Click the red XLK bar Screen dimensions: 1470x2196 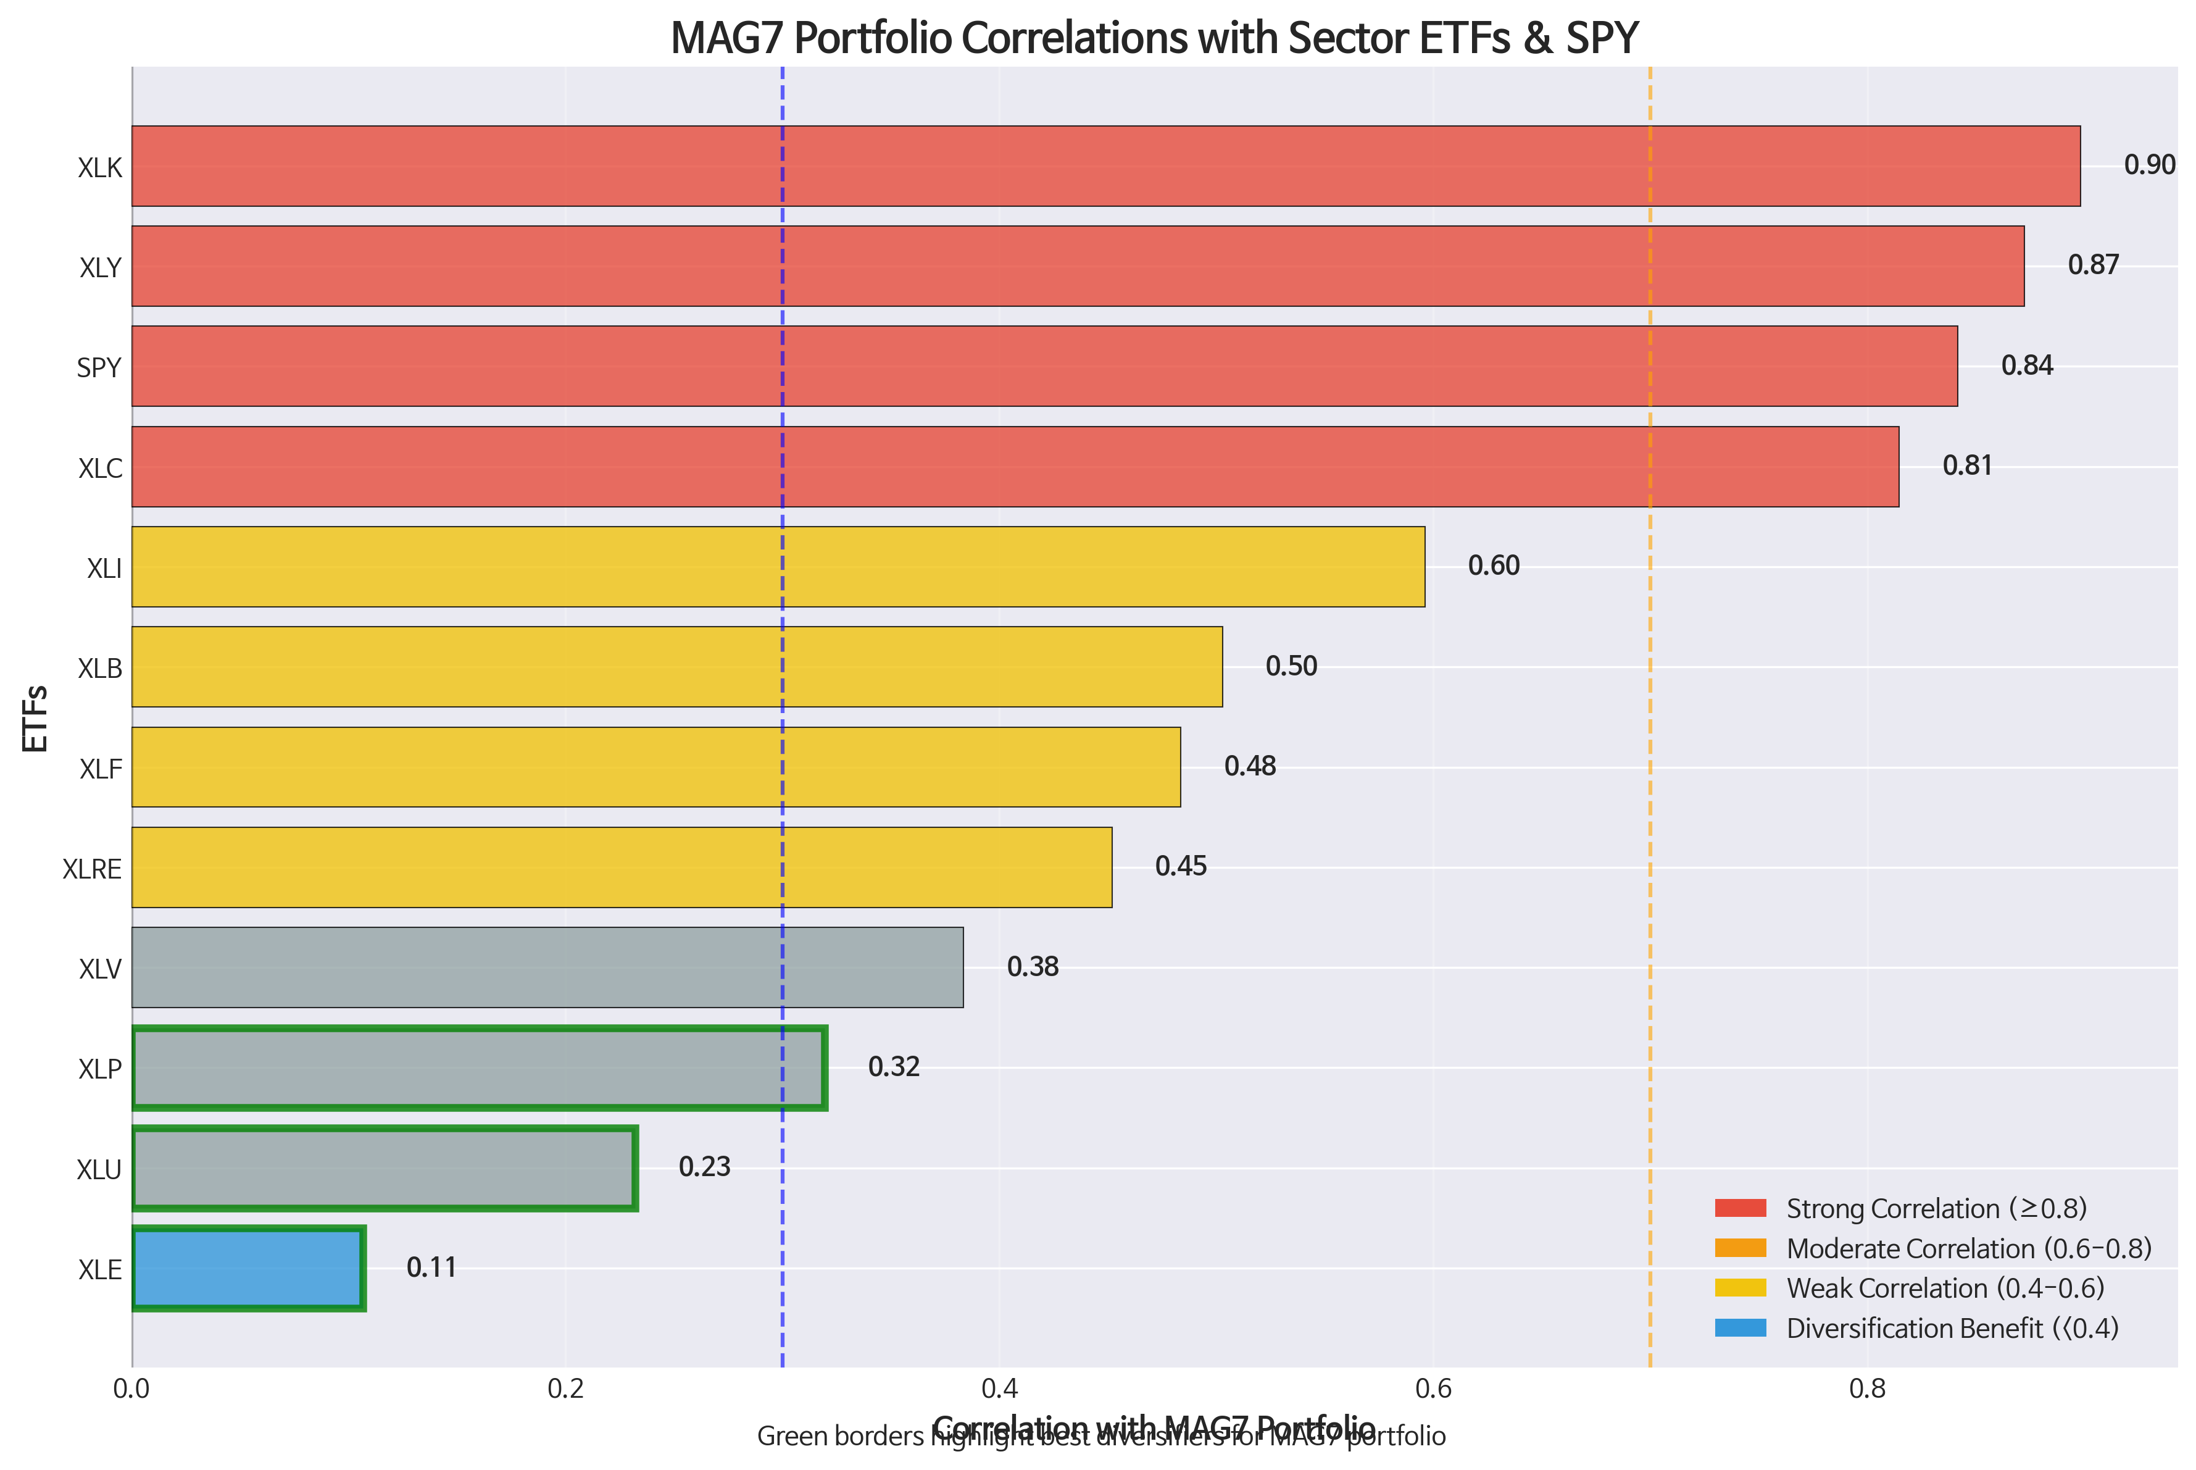[x=1106, y=166]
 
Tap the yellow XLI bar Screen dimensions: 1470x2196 [x=778, y=566]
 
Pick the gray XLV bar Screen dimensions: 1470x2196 [x=547, y=967]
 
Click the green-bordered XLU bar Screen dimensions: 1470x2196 [x=385, y=1168]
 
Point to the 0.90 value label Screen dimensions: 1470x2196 [x=2149, y=165]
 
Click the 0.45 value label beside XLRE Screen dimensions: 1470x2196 [x=1180, y=866]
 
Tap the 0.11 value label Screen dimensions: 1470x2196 [x=431, y=1267]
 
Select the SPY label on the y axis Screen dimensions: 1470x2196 [x=99, y=367]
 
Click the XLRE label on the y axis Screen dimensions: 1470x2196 [x=92, y=869]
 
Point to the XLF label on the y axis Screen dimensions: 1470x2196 [x=100, y=769]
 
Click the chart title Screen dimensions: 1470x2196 [x=1154, y=38]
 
